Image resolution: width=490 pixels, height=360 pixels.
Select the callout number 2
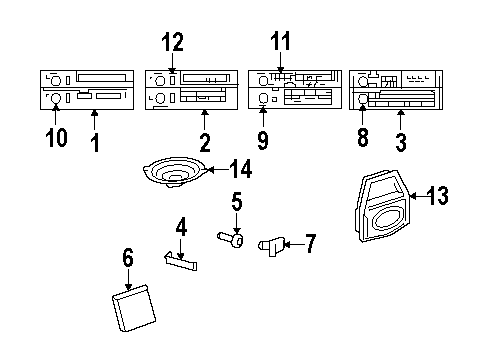[204, 142]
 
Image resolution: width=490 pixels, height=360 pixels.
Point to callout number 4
[181, 228]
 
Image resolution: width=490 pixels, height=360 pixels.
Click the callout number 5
[236, 203]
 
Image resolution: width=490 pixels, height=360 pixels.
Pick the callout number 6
[128, 259]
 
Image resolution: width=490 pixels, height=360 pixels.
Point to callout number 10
[56, 135]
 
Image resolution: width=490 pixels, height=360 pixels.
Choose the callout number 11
[281, 41]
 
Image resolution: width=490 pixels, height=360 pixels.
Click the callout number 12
[174, 42]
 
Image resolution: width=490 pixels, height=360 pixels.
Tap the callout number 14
[239, 168]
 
